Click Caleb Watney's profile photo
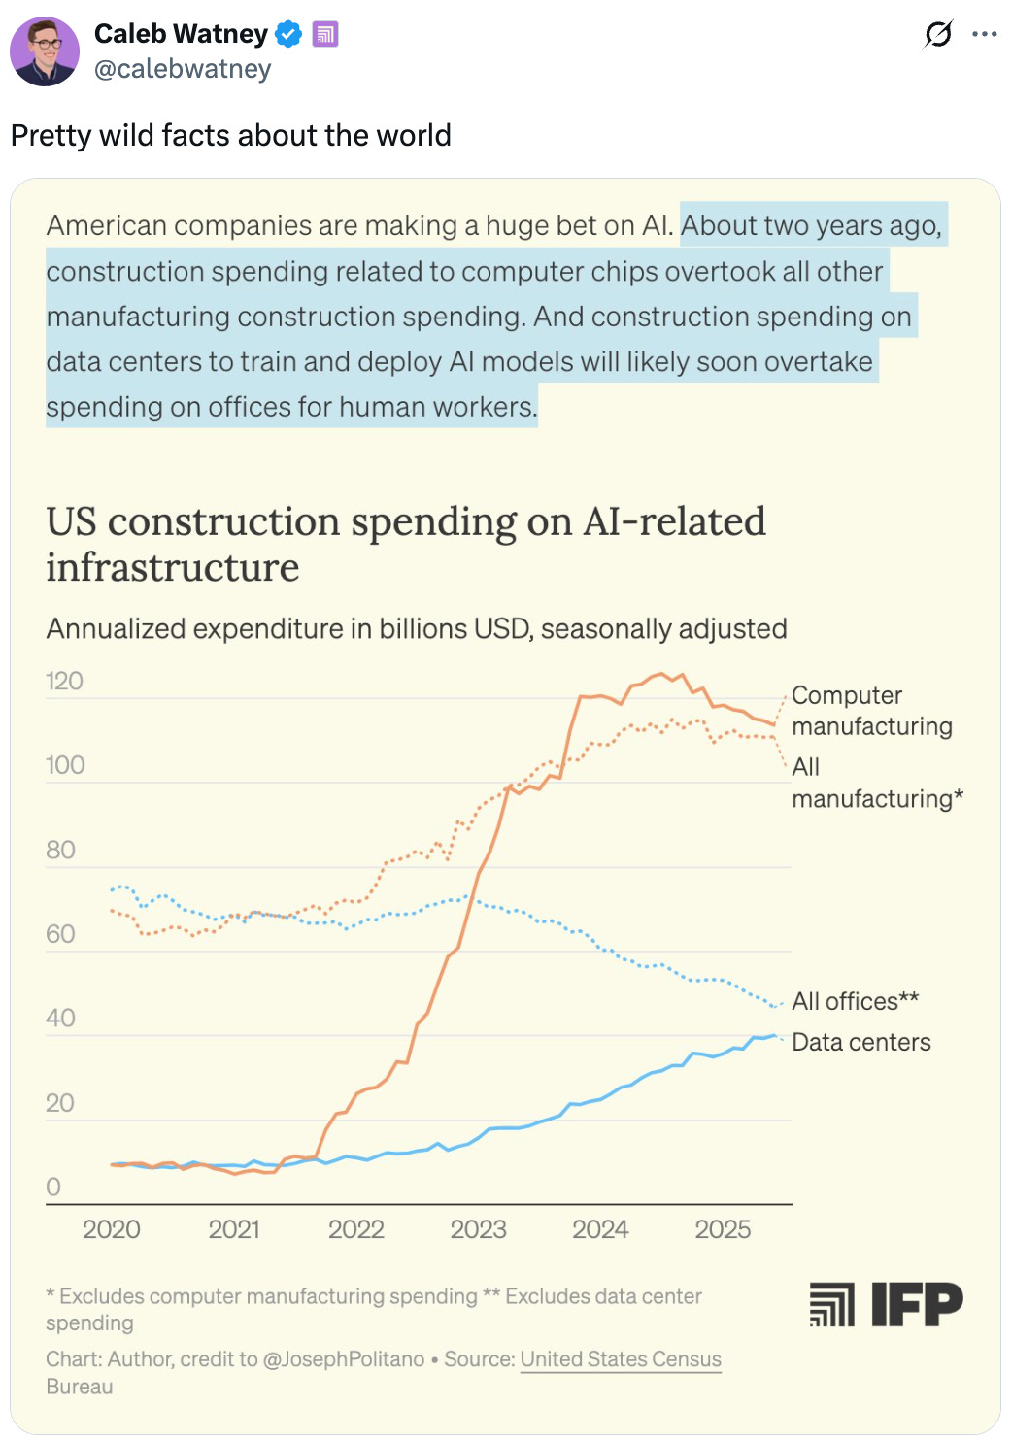coord(45,51)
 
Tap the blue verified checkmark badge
coord(288,34)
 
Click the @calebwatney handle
coord(183,69)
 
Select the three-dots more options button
coord(984,34)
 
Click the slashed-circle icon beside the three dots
coord(937,34)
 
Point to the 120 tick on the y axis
coord(64,681)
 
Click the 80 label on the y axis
coord(60,850)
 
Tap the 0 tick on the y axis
coord(53,1187)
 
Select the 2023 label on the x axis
coord(478,1229)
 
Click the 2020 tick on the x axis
coord(112,1229)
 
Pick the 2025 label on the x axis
coord(723,1229)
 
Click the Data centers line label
coord(860,1042)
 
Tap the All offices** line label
coord(855,1001)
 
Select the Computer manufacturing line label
coord(871,711)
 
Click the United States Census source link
coord(621,1359)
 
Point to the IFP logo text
coord(916,1303)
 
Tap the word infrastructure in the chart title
coord(173,567)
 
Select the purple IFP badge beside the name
coord(325,34)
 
